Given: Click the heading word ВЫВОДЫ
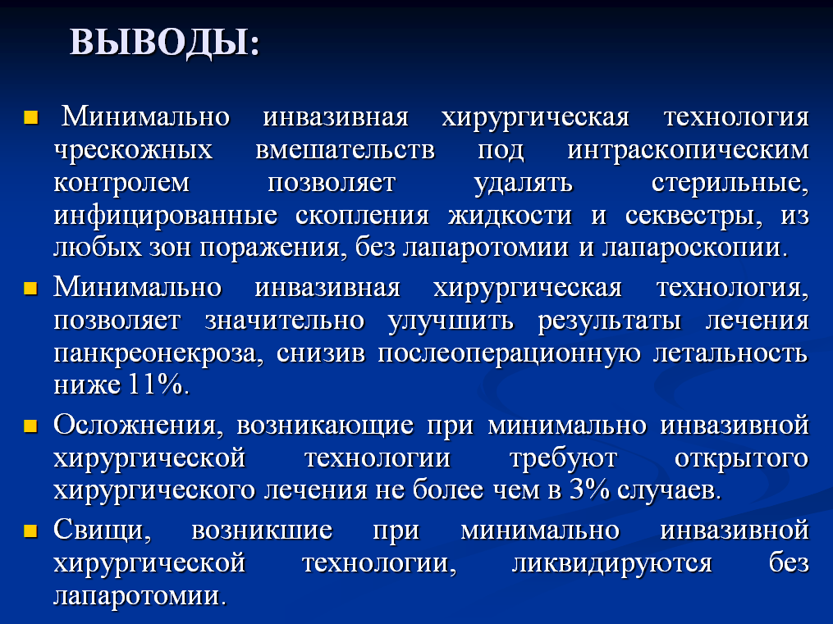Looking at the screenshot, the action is pos(159,43).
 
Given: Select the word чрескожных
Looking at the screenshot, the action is pos(133,150).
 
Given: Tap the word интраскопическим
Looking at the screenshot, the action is pos(688,151).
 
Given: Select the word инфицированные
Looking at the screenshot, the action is pos(165,216).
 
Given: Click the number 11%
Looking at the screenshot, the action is pos(156,385).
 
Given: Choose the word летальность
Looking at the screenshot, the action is pos(730,353).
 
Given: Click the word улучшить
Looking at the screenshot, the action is pos(451,321).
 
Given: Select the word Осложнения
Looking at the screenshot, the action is pos(135,426).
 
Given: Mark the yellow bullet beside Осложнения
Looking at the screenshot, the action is pos(30,426).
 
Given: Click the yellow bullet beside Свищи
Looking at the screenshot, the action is pos(30,531).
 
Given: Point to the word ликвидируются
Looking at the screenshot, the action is pos(611,563).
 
